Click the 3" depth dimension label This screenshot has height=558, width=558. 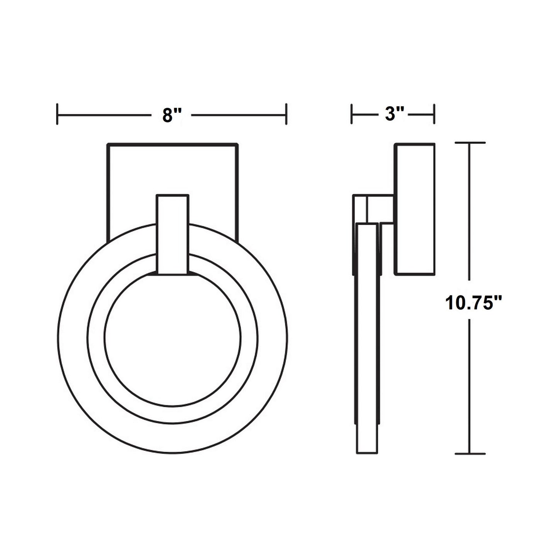(394, 115)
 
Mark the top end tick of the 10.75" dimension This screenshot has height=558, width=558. (470, 143)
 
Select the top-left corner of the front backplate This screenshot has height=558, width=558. (107, 144)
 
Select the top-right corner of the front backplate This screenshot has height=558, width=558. (237, 144)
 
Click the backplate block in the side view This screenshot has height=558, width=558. (415, 209)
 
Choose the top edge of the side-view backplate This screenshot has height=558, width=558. (415, 144)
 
